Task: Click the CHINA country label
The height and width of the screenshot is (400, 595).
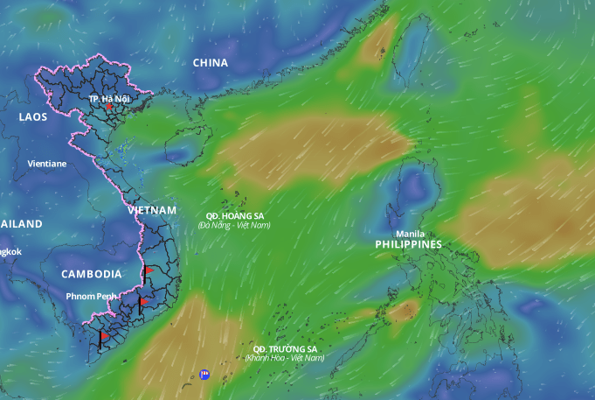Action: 210,63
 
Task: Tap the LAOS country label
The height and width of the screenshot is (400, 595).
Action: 33,116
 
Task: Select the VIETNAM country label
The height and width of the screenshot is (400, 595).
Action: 151,211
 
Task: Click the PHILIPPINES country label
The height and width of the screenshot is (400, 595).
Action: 408,245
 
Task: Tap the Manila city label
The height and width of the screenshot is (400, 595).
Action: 410,234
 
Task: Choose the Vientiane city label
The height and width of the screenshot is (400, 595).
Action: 47,164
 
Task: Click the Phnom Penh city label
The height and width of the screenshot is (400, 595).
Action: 92,297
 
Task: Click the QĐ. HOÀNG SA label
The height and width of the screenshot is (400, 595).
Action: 234,215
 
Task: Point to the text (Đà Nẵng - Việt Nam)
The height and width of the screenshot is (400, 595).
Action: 234,226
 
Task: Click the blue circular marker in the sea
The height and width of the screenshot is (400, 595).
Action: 204,374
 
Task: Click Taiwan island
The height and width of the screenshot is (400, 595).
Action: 411,39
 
